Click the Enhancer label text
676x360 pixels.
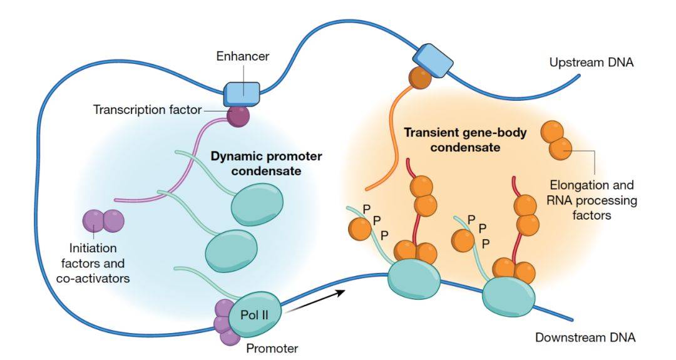pos(243,56)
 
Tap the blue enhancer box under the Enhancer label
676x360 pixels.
pos(242,94)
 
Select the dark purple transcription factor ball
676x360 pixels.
pos(238,116)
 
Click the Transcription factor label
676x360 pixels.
pos(148,110)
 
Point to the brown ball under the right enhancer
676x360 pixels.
pos(420,78)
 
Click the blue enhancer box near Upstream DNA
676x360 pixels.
pos(433,60)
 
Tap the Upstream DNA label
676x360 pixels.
pos(591,63)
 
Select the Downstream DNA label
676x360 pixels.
pos(585,337)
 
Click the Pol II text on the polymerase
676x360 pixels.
pos(254,315)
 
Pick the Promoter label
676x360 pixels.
pos(272,348)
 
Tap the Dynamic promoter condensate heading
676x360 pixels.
pos(266,163)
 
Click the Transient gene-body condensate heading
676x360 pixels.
pos(465,140)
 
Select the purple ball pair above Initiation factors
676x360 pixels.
pos(103,221)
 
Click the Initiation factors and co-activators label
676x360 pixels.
pos(93,263)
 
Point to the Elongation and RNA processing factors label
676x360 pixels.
pos(591,200)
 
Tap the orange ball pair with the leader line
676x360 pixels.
pos(556,140)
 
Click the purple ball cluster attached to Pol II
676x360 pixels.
pos(225,322)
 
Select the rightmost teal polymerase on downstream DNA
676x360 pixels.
pos(509,297)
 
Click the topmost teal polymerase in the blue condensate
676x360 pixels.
pos(258,202)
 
